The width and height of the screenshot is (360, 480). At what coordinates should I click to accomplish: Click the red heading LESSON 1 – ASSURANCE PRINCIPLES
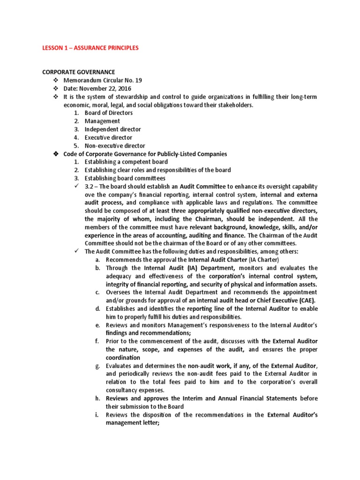pyautogui.click(x=90, y=48)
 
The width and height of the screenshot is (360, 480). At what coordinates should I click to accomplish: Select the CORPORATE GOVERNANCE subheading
pyautogui.click(x=79, y=72)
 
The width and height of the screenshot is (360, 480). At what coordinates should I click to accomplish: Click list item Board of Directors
pyautogui.click(x=108, y=113)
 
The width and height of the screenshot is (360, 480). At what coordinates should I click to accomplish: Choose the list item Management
pyautogui.click(x=102, y=121)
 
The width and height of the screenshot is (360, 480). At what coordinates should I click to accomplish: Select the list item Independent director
pyautogui.click(x=112, y=129)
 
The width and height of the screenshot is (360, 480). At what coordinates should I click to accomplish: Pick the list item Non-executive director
pyautogui.click(x=115, y=146)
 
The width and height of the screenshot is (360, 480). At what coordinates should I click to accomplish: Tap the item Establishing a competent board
pyautogui.click(x=126, y=162)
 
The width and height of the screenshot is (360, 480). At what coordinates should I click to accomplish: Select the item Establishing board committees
pyautogui.click(x=125, y=178)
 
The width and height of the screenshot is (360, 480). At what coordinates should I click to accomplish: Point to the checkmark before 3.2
pyautogui.click(x=77, y=187)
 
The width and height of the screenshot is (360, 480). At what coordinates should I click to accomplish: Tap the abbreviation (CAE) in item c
pyautogui.click(x=307, y=300)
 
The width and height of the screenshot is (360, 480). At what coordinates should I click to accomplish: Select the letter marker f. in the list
pyautogui.click(x=97, y=341)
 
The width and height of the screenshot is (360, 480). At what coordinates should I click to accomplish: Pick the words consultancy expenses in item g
pyautogui.click(x=135, y=390)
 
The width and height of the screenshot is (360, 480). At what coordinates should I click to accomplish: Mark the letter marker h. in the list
pyautogui.click(x=97, y=398)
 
